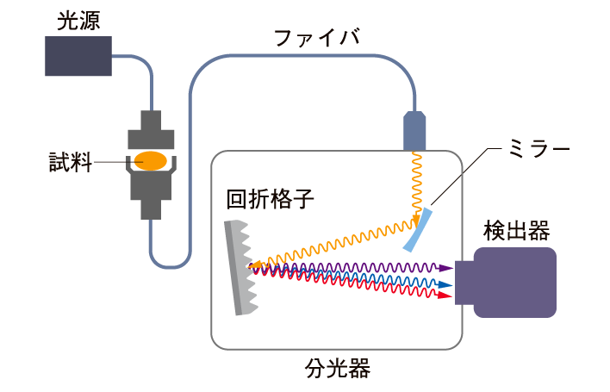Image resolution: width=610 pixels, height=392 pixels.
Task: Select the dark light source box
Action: click(x=78, y=56)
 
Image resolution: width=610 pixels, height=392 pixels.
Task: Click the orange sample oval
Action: click(x=151, y=160)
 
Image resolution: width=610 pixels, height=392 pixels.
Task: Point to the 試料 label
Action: click(x=68, y=161)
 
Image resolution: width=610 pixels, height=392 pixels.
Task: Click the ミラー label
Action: click(x=538, y=149)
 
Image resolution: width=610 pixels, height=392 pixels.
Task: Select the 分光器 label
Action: click(x=337, y=369)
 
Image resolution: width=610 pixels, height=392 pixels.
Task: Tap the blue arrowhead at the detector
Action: click(x=447, y=283)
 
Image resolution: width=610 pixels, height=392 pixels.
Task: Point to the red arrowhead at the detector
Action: click(x=447, y=296)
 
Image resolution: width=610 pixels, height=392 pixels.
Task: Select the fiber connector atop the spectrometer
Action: click(x=415, y=132)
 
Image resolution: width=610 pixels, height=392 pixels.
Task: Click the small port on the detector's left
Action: click(x=464, y=283)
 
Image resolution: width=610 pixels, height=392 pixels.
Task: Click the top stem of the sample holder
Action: click(x=152, y=120)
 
